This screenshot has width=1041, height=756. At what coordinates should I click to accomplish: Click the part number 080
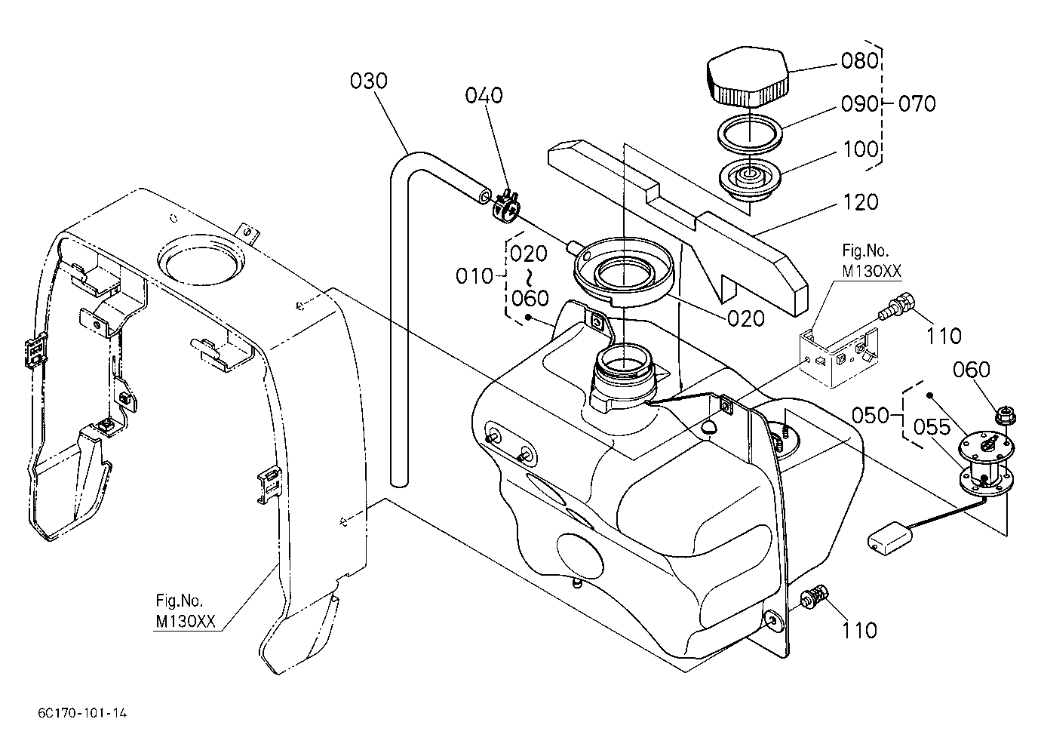click(x=859, y=62)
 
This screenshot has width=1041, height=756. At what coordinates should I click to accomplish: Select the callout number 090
click(x=859, y=104)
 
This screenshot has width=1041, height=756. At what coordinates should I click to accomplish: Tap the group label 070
click(x=917, y=103)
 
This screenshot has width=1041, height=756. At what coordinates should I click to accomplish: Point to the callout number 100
click(x=861, y=149)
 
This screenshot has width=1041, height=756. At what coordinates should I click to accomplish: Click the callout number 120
click(x=861, y=202)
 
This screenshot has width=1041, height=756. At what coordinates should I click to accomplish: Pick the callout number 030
click(x=369, y=81)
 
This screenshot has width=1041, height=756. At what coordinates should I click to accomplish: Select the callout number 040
click(x=484, y=95)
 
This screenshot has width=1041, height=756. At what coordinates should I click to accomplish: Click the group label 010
click(x=474, y=277)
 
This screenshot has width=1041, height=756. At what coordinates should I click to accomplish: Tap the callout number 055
click(x=932, y=427)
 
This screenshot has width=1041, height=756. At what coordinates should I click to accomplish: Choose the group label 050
click(x=870, y=415)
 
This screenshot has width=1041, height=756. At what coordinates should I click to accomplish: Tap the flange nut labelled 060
click(x=1006, y=414)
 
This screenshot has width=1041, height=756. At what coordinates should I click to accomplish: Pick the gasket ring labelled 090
click(x=750, y=134)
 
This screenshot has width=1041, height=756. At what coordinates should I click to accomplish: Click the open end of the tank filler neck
click(x=623, y=359)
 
